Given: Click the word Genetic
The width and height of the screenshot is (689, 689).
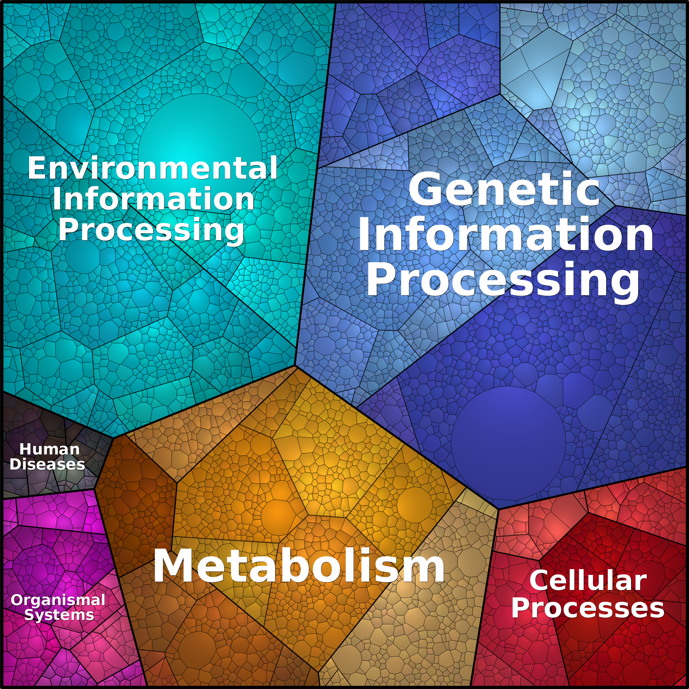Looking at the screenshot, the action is (504, 190).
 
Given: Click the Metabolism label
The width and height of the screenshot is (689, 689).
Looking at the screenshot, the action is (299, 566).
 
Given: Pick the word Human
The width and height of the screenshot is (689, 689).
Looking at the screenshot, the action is (50, 449).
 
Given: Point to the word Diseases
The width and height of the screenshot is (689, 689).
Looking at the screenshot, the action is (47, 464).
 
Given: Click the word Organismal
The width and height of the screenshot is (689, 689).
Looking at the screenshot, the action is (58, 600).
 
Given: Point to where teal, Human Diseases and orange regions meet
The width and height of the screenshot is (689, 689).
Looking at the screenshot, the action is (113, 437).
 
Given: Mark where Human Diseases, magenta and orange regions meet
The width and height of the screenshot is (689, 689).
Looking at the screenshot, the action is (95, 490).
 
